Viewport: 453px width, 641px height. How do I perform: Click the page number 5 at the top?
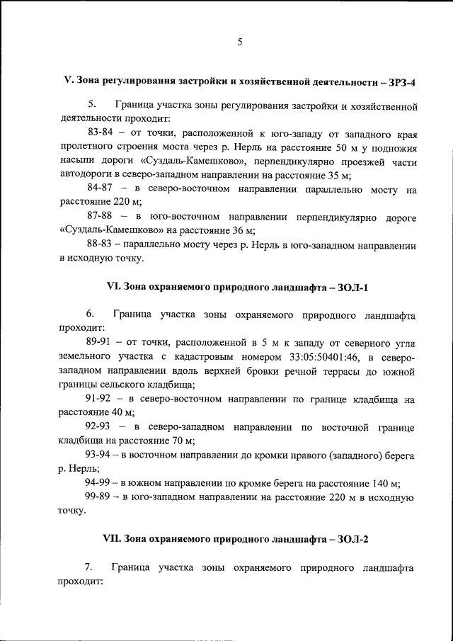pos(239,42)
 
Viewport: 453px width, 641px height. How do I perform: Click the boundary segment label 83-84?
pos(101,132)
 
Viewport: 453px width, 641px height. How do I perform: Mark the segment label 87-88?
pos(101,215)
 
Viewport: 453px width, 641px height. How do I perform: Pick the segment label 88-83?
pos(101,244)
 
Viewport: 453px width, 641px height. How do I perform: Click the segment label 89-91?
pos(99,343)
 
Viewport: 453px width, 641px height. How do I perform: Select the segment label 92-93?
pos(99,427)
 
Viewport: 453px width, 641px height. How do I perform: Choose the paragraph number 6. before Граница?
pos(91,314)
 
